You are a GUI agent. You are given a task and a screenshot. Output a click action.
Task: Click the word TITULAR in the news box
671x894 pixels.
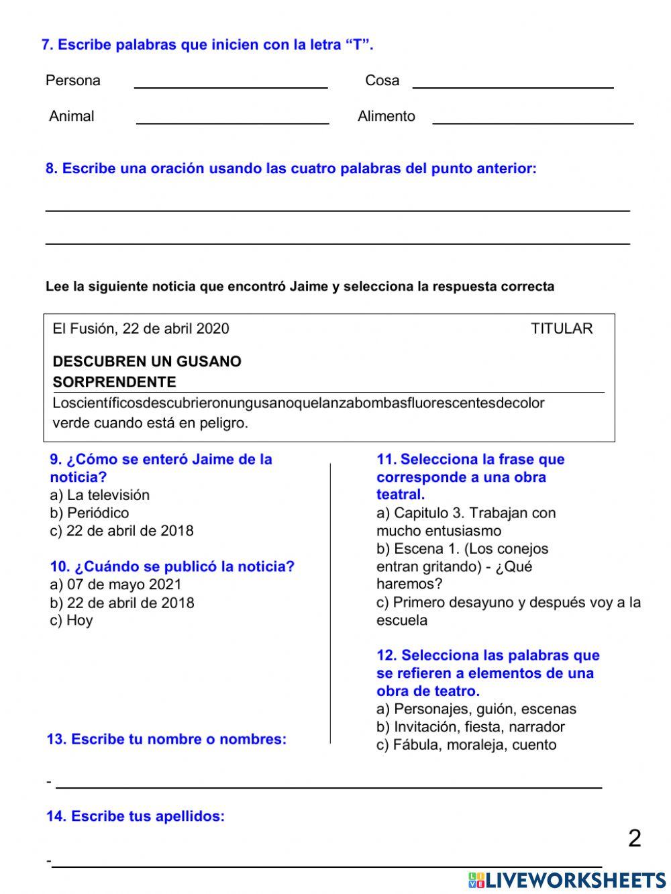pyautogui.click(x=562, y=329)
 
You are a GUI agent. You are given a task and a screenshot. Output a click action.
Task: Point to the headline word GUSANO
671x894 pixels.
pyautogui.click(x=209, y=362)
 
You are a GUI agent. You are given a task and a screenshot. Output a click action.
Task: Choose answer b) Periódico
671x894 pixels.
pyautogui.click(x=89, y=513)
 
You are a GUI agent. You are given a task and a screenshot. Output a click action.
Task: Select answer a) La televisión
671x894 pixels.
pyautogui.click(x=99, y=495)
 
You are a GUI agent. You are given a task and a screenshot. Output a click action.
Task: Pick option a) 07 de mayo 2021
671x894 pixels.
pyautogui.click(x=115, y=585)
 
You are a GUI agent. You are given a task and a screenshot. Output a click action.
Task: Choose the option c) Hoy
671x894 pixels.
pyautogui.click(x=71, y=620)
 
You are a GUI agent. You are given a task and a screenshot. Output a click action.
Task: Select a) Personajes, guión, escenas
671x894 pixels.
pyautogui.click(x=476, y=709)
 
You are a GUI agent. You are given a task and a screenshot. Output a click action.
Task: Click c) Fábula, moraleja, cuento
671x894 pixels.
pyautogui.click(x=466, y=745)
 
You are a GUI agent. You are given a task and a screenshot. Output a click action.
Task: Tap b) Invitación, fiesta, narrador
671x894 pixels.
pyautogui.click(x=470, y=727)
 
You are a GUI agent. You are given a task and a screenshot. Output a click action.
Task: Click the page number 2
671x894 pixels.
pyautogui.click(x=634, y=838)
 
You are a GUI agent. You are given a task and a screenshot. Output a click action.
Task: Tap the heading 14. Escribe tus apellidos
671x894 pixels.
pyautogui.click(x=136, y=816)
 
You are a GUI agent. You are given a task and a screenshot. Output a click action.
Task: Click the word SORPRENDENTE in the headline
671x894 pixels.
pyautogui.click(x=114, y=383)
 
